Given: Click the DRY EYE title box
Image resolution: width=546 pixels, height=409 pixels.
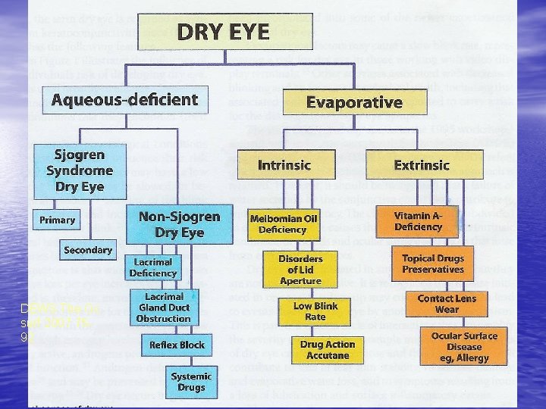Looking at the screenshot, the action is tap(223, 31).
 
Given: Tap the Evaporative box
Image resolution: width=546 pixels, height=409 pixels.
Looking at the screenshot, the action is tap(353, 103).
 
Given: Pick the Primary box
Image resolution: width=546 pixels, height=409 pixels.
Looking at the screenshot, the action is tap(58, 220).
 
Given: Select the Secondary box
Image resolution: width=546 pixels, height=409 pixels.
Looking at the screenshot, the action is tap(88, 250).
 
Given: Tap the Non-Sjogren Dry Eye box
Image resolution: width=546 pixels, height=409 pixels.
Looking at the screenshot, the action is tap(179, 224).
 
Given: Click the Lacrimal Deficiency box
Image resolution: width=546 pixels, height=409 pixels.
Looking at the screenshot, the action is tap(152, 267).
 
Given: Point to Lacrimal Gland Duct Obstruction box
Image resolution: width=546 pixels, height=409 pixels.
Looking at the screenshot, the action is tap(164, 308).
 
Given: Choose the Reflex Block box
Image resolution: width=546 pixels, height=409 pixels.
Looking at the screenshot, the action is tap(177, 345).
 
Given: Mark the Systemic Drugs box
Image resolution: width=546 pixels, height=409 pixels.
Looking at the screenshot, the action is tap(191, 382).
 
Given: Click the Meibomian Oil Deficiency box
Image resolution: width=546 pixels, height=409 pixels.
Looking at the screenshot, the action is tap(283, 223).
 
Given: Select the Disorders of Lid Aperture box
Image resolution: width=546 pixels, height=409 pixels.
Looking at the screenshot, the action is tap(300, 270).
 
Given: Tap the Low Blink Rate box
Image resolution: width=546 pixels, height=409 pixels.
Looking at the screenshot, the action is tap(315, 311).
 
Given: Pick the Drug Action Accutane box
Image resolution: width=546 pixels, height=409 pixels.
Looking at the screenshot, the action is tap(328, 350).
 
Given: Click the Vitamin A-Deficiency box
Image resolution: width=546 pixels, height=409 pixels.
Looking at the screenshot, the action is tap(418, 221).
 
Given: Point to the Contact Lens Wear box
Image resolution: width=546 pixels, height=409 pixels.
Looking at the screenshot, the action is tap(447, 304).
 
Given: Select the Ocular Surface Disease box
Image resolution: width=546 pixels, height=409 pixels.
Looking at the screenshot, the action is tap(464, 346).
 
